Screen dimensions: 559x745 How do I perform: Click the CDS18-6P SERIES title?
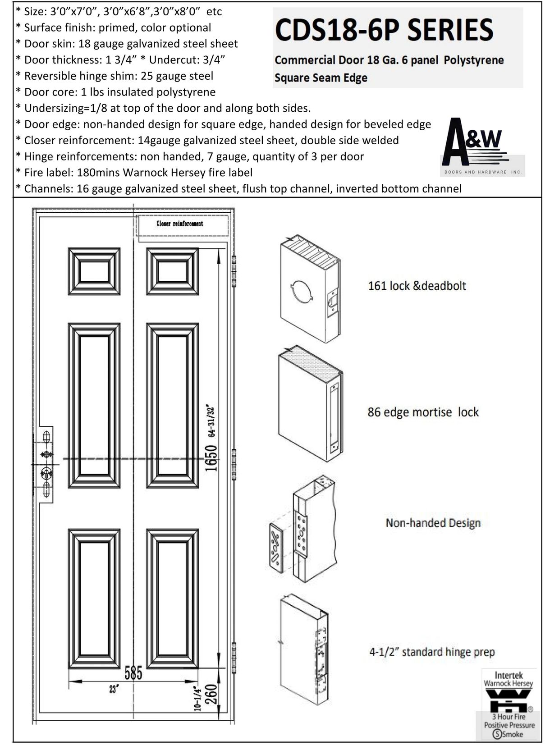point(384,30)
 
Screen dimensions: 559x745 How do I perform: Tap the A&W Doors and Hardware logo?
point(482,146)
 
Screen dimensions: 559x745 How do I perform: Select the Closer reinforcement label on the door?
point(179,224)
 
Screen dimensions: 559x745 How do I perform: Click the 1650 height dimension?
point(211,458)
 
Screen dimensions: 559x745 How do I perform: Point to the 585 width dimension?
point(133,673)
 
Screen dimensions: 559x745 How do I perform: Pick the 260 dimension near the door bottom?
point(211,695)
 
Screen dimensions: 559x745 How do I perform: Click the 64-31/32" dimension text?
point(211,420)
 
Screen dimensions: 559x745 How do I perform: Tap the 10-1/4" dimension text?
point(198,699)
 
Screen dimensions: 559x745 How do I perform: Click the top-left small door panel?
point(94,271)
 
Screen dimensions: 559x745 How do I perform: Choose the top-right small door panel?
point(172,271)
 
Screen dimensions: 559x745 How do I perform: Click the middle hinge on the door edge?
point(234,464)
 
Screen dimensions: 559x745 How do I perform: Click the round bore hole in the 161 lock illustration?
point(302,291)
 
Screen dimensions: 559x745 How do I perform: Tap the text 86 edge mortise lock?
point(423,412)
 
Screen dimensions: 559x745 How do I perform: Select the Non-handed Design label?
point(433,523)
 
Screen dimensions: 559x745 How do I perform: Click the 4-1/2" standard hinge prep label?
point(432,652)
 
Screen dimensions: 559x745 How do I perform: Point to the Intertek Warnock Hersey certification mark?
point(509,704)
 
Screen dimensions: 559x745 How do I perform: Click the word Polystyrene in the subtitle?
point(473,60)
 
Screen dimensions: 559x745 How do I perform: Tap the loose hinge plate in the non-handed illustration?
point(275,548)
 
